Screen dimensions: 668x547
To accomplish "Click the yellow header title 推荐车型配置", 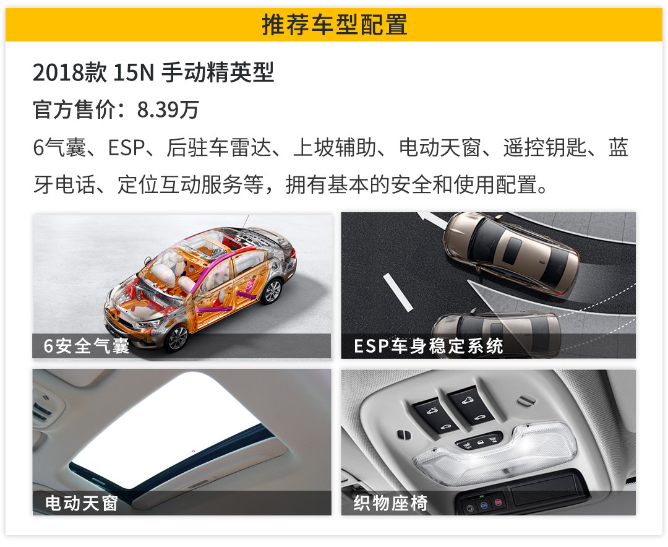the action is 335,24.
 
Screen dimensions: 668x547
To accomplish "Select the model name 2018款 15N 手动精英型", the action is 153,72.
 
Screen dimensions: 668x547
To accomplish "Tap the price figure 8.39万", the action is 168,110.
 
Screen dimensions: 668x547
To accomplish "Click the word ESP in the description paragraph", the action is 126,148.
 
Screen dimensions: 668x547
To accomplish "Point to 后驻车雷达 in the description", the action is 218,148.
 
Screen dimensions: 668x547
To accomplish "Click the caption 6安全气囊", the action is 86,346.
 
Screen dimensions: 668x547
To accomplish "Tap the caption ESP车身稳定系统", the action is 429,346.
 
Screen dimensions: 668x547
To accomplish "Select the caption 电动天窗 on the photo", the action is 82,503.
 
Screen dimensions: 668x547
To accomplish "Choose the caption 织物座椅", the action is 390,503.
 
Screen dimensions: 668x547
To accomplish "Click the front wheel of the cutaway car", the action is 176,338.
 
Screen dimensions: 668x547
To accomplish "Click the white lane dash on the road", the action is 398,293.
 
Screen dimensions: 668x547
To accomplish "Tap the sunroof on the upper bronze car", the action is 513,250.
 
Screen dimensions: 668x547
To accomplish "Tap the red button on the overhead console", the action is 498,503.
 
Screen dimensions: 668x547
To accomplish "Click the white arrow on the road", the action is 430,219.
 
